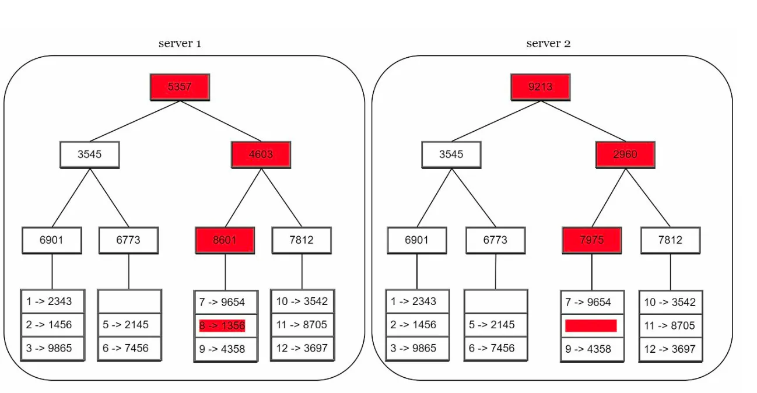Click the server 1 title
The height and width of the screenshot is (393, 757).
pyautogui.click(x=180, y=43)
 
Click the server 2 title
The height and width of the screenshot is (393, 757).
pyautogui.click(x=548, y=43)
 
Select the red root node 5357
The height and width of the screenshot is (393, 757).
pyautogui.click(x=180, y=87)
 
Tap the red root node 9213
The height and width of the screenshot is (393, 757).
pyautogui.click(x=541, y=87)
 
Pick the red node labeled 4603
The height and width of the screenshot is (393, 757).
pyautogui.click(x=261, y=155)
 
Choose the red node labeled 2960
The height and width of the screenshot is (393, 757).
pyautogui.click(x=625, y=155)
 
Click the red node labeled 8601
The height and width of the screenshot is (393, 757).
pyautogui.click(x=225, y=240)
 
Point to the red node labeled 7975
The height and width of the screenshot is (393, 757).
pyautogui.click(x=592, y=240)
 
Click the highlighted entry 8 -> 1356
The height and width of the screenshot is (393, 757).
pyautogui.click(x=222, y=325)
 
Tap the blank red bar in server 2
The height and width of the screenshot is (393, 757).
pyautogui.click(x=591, y=325)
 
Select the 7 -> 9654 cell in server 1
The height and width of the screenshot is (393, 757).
pyautogui.click(x=226, y=302)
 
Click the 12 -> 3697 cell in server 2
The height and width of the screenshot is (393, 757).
pyautogui.click(x=671, y=349)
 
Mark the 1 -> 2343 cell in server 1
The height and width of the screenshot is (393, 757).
pyautogui.click(x=52, y=301)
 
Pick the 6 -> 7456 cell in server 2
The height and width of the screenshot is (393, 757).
pyautogui.click(x=496, y=348)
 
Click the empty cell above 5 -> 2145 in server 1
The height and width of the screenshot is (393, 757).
pyautogui.click(x=129, y=301)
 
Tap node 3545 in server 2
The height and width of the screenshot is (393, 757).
pyautogui.click(x=451, y=155)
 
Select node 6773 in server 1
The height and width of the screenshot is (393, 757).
pyautogui.click(x=128, y=240)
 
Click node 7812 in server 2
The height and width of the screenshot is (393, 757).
pyautogui.click(x=671, y=240)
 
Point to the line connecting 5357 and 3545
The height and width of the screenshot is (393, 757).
pyautogui.click(x=135, y=121)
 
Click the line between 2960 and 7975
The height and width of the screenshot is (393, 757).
pyautogui.click(x=609, y=198)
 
